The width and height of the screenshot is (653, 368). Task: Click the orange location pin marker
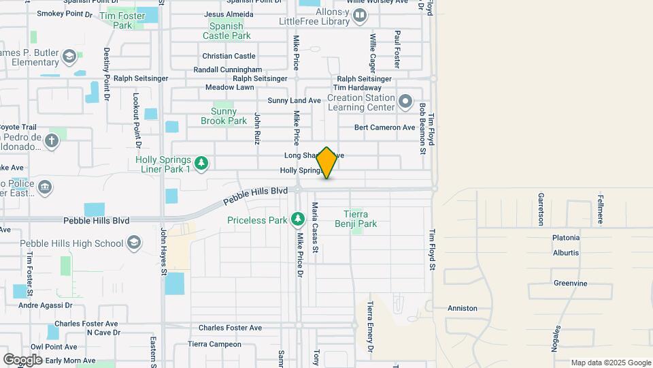coord(327,162)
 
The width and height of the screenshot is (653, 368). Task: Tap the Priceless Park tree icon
coord(297,219)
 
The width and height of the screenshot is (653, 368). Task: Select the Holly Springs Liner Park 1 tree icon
coord(201,162)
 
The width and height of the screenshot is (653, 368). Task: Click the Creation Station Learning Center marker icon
coord(406,102)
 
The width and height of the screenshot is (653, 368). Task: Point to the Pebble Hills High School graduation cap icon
coord(135,243)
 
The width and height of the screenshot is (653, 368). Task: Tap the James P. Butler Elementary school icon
coord(69,56)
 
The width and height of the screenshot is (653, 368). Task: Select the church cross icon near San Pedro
coord(52,141)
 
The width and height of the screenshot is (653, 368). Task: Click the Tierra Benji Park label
coord(360,219)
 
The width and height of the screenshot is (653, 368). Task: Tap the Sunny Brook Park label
coord(224,116)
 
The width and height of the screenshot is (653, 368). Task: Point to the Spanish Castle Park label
coord(226,31)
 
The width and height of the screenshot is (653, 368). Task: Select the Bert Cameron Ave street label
coord(384,127)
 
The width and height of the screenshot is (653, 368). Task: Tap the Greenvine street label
coord(570,283)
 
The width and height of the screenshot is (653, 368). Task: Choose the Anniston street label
coord(463,308)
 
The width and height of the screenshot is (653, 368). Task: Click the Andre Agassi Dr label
coord(46,305)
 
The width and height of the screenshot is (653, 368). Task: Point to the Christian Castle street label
coord(229,56)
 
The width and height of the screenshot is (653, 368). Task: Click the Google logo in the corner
coord(22,358)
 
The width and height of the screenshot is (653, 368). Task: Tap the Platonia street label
coord(566,238)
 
